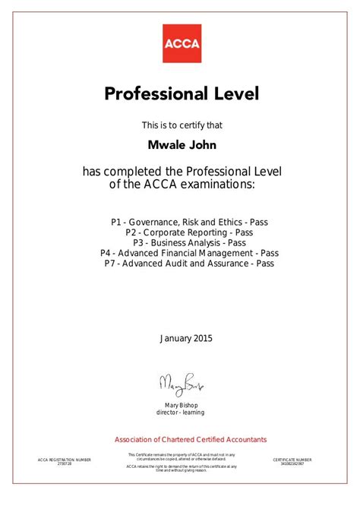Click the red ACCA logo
point(181,44)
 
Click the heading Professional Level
point(181,94)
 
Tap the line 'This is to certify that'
point(181,124)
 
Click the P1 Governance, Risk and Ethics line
point(189,223)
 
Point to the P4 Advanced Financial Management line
point(189,253)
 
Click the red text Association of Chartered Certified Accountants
point(180,439)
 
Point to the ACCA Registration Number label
point(64,460)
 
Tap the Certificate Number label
point(292,460)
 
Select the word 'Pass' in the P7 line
point(263,264)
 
